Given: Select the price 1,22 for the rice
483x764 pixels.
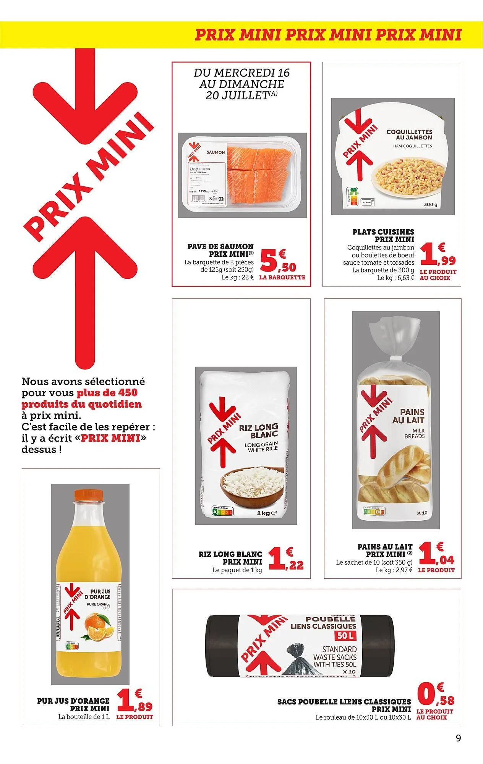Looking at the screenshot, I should point(285,559).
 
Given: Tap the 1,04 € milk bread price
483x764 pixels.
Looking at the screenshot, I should point(436,554).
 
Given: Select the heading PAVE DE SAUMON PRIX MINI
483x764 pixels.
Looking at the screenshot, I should point(220,250).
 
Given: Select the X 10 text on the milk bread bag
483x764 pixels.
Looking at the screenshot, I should point(422,513).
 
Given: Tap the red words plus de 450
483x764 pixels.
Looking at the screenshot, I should point(107,393).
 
